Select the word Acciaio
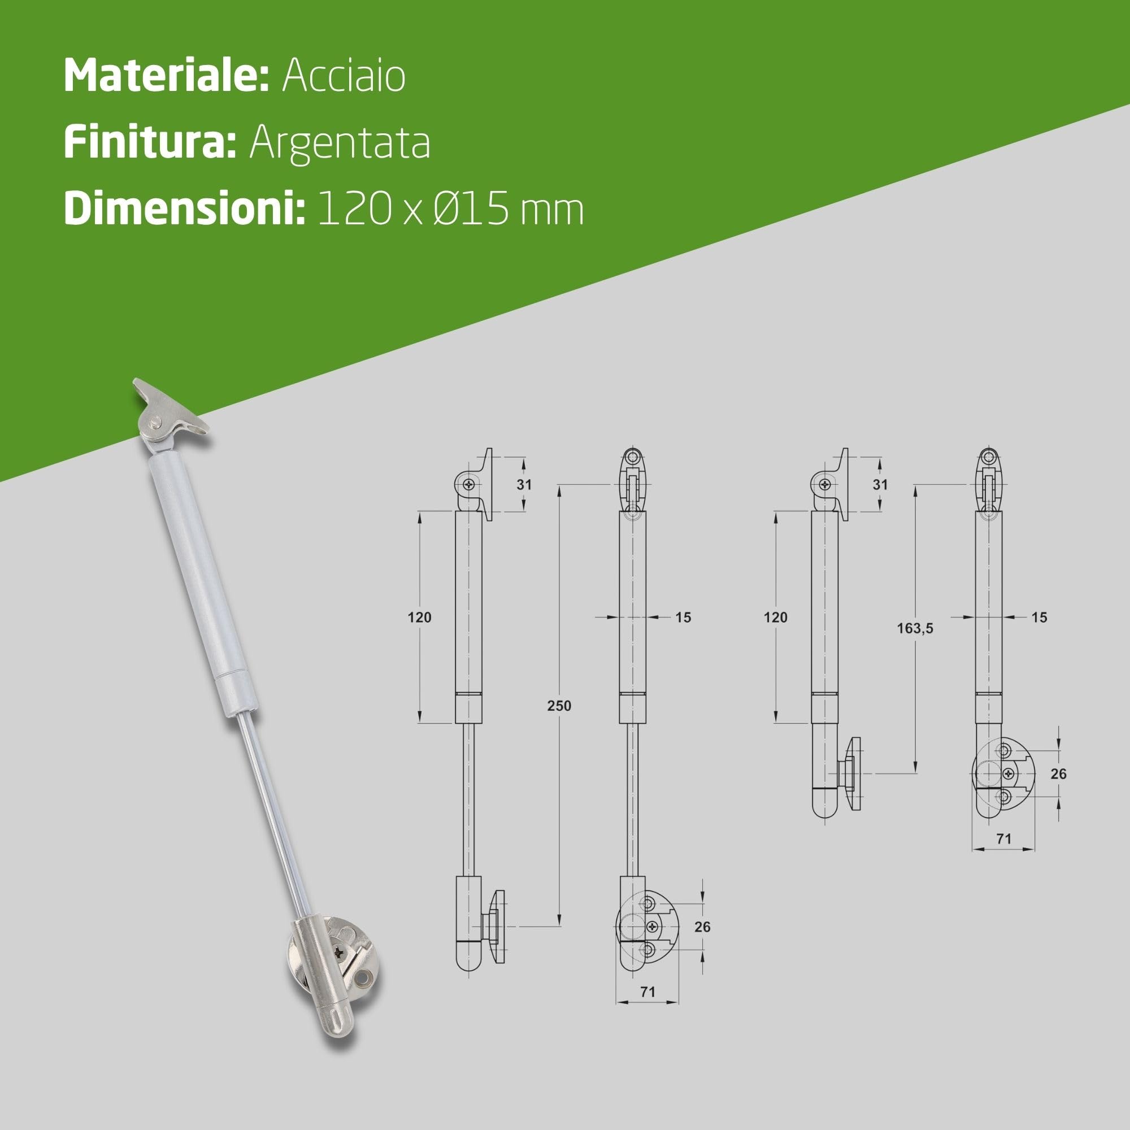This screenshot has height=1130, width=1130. [x=344, y=76]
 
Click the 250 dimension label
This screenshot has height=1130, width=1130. [x=559, y=705]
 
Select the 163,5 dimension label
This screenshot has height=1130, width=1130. [x=915, y=628]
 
